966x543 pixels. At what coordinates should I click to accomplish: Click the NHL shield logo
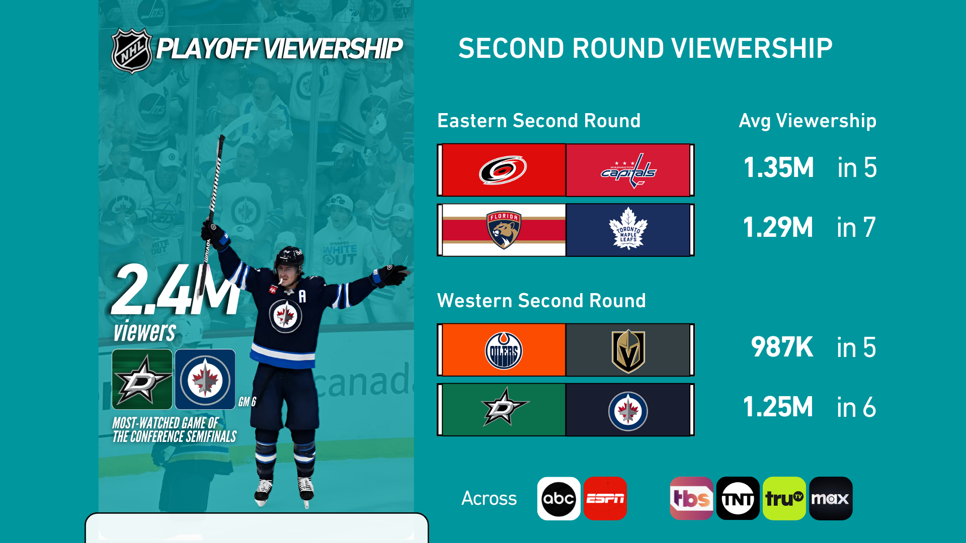[x=132, y=51]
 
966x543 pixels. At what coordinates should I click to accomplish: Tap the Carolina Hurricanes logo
[x=503, y=170]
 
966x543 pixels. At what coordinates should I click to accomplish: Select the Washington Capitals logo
[x=628, y=170]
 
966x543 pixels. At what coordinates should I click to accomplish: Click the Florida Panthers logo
[x=504, y=230]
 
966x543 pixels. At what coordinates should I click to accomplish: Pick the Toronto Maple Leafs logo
[x=628, y=229]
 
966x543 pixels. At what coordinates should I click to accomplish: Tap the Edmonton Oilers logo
[x=504, y=350]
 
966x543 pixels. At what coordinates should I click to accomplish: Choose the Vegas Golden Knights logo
[x=628, y=351]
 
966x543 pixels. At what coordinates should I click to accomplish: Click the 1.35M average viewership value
[x=778, y=167]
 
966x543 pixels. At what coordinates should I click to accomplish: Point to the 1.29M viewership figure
[x=778, y=227]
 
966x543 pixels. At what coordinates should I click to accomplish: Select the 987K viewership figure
[x=782, y=347]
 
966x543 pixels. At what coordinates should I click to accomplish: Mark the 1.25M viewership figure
[x=778, y=407]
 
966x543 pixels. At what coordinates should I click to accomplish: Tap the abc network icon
[x=558, y=498]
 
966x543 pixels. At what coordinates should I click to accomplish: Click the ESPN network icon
[x=605, y=498]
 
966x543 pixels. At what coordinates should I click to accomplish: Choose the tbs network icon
[x=691, y=498]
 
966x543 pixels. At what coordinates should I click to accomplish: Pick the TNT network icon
[x=738, y=498]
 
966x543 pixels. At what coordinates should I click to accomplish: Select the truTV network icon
[x=784, y=498]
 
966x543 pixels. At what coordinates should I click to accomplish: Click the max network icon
[x=831, y=498]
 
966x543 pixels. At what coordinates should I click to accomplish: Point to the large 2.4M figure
[x=176, y=290]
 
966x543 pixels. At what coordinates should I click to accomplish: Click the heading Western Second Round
[x=541, y=301]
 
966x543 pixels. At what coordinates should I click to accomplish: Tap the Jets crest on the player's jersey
[x=286, y=316]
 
